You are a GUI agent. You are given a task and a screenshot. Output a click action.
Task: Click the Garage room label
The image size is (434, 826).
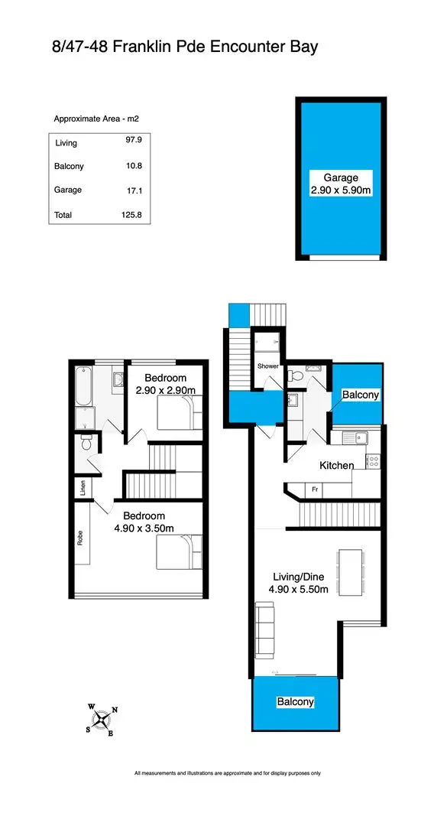coord(340,177)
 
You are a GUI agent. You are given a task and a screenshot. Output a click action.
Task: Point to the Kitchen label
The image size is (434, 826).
coord(336,465)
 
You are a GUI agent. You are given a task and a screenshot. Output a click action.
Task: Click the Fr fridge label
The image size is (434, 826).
coord(314,489)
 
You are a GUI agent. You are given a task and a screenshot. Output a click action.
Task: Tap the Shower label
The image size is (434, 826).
coord(267,366)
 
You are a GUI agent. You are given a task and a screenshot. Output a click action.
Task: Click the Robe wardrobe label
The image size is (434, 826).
coord(81,538)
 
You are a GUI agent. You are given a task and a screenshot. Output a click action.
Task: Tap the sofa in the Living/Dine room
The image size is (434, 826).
coord(264,629)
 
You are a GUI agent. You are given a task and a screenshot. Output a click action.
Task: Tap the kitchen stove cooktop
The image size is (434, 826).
coord(374,461)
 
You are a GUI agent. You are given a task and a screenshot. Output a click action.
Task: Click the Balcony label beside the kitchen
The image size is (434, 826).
coord(359,395)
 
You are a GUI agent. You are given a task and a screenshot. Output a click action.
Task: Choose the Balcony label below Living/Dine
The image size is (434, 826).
coord(295,701)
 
